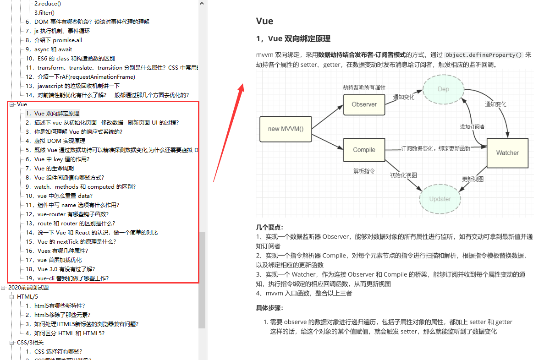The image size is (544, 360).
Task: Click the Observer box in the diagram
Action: coord(364,104)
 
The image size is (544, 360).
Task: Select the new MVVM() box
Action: coord(286,129)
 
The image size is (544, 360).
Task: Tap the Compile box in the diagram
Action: coord(364,150)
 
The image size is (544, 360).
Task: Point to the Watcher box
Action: coord(507,153)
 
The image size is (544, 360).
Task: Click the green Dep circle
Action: coord(443,89)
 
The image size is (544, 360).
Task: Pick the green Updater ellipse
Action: coord(440,199)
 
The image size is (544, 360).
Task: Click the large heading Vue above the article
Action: coord(265,21)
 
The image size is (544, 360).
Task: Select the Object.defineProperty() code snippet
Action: coord(484,55)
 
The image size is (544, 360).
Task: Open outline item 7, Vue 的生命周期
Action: coord(54,169)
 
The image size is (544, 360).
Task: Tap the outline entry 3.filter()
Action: coord(44,13)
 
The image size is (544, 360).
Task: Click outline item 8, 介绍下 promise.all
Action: coord(54,40)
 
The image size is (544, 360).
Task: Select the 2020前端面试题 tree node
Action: coord(28,288)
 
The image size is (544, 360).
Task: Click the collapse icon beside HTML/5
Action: coord(12,297)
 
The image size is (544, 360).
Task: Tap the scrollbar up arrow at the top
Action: coord(202,4)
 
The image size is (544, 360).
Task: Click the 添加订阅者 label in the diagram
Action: coord(473,127)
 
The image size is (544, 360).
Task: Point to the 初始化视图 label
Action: coord(403,175)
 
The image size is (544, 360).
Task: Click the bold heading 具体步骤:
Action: coord(270,308)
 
